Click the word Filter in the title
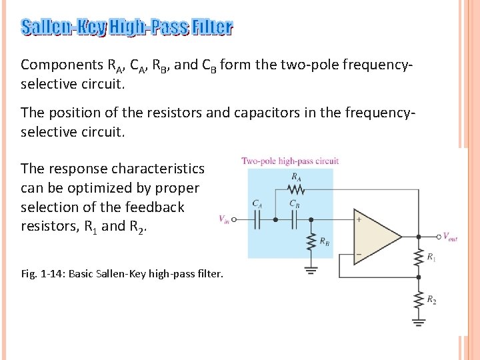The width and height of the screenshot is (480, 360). click(x=211, y=27)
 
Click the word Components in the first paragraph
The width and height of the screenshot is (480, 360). click(x=61, y=65)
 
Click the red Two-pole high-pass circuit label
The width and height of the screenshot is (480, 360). click(x=290, y=161)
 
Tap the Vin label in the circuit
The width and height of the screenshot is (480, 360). click(x=225, y=219)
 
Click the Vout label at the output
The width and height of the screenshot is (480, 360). click(x=450, y=236)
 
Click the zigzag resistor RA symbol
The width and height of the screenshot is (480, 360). click(x=295, y=190)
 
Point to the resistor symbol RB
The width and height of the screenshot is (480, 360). click(x=311, y=243)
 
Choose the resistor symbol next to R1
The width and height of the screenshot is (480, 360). click(x=418, y=257)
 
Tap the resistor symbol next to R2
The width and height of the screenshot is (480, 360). click(x=418, y=300)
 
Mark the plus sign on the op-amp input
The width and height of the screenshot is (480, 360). click(x=359, y=219)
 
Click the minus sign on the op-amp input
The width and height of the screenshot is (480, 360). click(x=359, y=255)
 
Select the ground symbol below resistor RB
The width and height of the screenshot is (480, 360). click(x=311, y=270)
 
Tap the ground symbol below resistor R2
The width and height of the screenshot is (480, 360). click(x=418, y=323)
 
